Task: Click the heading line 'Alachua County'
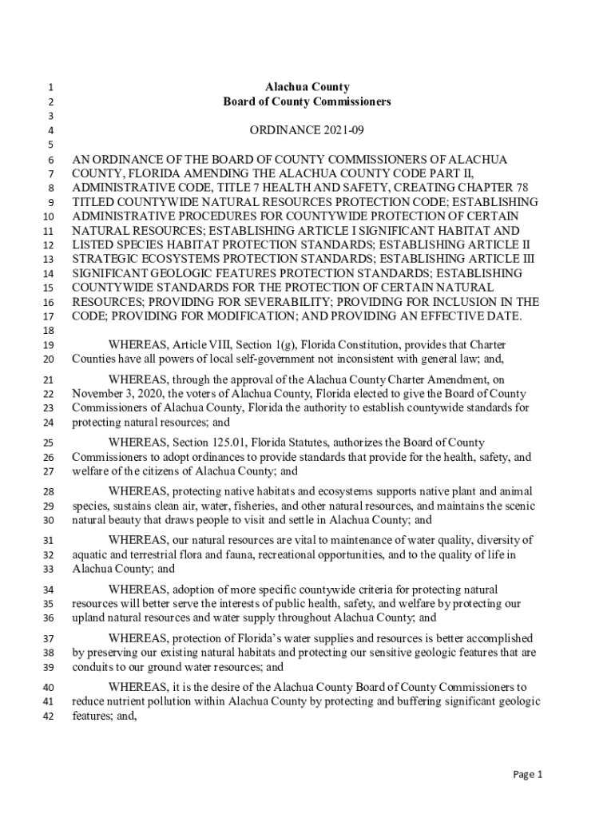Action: [x=307, y=87]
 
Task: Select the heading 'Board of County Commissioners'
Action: [x=307, y=102]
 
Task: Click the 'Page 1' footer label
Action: [x=528, y=774]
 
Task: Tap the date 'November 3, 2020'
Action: [x=117, y=394]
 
